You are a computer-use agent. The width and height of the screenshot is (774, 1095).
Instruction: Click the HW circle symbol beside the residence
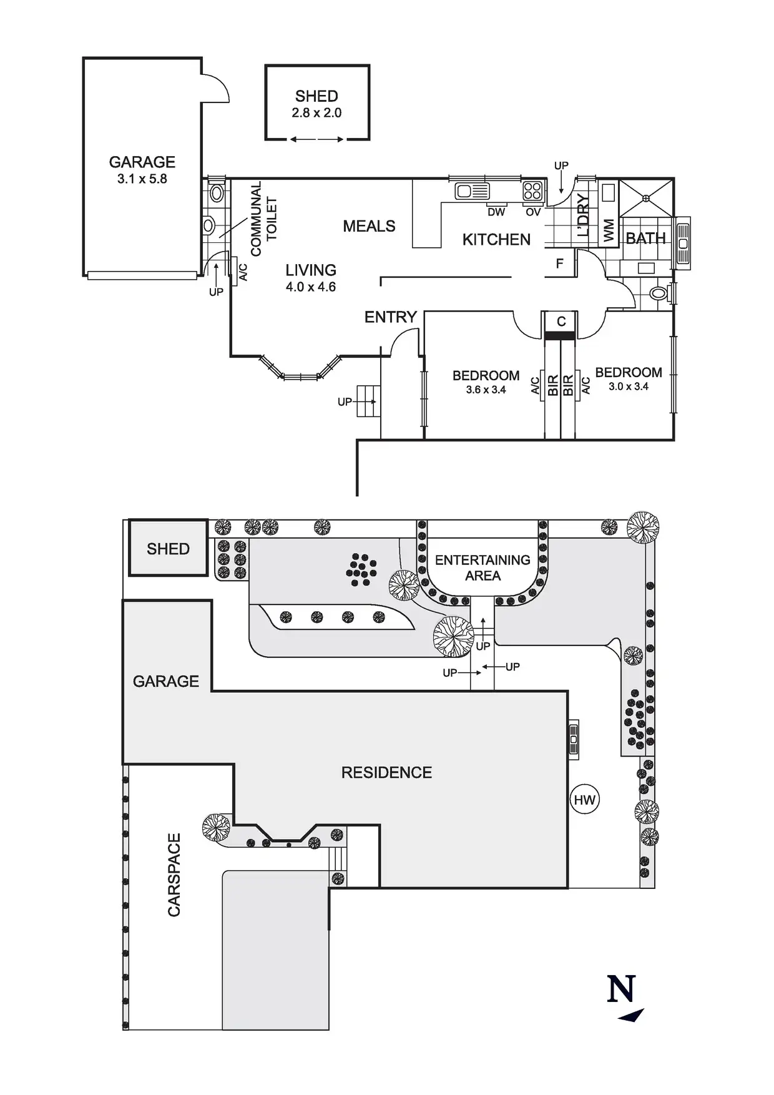click(585, 800)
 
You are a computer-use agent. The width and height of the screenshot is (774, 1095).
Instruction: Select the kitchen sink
click(471, 190)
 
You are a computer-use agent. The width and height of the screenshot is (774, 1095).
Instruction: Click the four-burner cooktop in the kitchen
click(532, 190)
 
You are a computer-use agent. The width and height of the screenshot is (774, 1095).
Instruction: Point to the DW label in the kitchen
click(496, 212)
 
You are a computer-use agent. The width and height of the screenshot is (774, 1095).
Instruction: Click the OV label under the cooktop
click(533, 212)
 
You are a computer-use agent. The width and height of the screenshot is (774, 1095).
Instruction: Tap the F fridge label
click(560, 263)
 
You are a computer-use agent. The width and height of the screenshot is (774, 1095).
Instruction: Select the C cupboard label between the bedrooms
click(561, 322)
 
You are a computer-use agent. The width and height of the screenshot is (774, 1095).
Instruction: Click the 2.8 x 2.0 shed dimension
click(316, 113)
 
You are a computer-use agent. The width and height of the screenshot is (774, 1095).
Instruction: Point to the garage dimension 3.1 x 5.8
click(142, 179)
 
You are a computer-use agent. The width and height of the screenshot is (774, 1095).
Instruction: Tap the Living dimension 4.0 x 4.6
click(311, 287)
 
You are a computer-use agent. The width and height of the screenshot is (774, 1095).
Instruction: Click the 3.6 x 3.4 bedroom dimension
click(486, 390)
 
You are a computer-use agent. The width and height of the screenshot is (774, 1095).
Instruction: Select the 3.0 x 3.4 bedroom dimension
click(629, 386)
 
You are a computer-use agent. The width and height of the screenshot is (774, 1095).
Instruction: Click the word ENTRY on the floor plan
click(391, 317)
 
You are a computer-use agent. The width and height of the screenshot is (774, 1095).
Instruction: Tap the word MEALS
click(369, 226)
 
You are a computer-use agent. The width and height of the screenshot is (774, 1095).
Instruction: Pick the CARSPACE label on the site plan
click(174, 875)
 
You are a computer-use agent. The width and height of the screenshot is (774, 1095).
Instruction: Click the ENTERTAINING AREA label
click(483, 567)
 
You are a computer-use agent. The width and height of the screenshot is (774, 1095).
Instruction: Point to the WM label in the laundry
click(609, 230)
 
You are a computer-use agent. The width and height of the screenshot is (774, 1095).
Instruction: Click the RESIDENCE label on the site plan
click(386, 773)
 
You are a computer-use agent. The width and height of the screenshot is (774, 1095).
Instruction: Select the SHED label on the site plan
click(168, 549)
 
